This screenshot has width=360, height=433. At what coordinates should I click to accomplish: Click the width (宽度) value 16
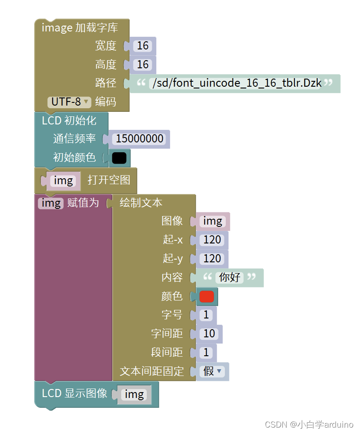143,46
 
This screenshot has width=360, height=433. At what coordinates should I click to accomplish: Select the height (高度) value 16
143,65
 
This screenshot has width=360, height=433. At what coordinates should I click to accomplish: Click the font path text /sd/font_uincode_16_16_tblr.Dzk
237,83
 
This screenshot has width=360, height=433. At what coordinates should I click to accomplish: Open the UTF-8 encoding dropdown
70,102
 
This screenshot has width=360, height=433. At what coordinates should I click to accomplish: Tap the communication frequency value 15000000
140,139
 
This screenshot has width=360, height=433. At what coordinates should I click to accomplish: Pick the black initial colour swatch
119,158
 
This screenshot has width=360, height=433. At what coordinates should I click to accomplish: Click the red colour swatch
206,296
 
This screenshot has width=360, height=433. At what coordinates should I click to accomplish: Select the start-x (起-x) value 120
212,240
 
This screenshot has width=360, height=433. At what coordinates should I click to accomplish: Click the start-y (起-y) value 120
212,259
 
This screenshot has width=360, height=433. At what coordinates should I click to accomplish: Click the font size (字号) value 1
206,315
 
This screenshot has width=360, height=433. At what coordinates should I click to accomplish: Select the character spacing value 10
209,334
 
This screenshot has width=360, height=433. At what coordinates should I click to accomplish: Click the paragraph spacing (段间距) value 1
206,353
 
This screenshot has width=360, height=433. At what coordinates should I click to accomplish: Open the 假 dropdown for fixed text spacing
213,371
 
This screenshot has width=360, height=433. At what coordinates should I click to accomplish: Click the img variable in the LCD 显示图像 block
134,394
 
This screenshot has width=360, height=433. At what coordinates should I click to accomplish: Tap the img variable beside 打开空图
63,181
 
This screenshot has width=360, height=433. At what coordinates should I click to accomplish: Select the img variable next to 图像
213,221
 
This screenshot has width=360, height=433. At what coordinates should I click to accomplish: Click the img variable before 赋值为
51,203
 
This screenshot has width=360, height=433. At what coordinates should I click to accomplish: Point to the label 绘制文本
141,203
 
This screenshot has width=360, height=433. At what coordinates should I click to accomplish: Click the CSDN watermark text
309,424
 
